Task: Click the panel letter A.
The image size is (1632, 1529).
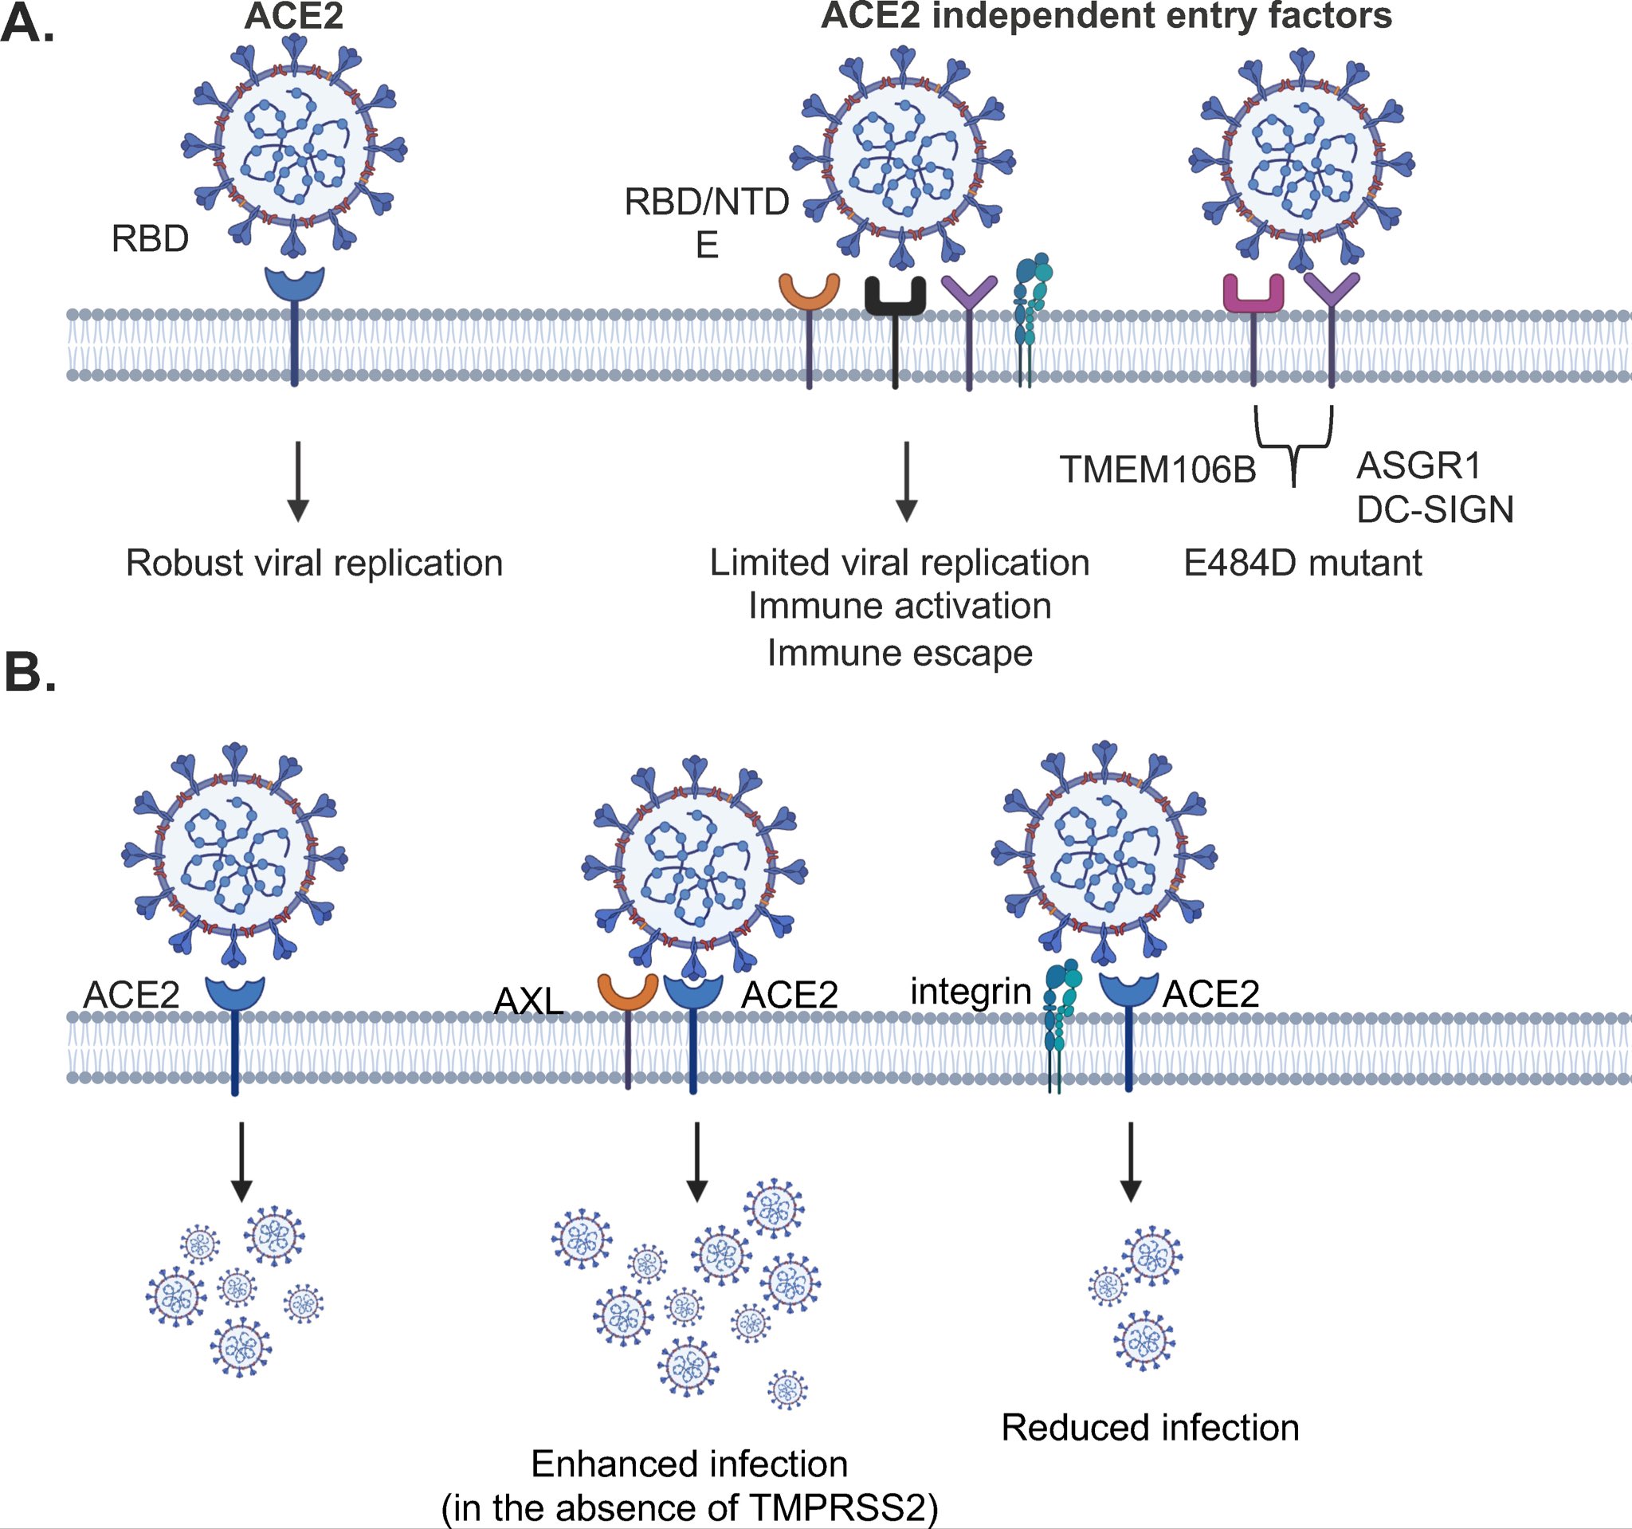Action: pyautogui.click(x=28, y=23)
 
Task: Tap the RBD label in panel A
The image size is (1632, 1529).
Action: pyautogui.click(x=151, y=239)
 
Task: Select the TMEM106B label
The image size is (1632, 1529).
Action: pyautogui.click(x=1158, y=470)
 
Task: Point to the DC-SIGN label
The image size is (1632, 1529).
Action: pyautogui.click(x=1435, y=510)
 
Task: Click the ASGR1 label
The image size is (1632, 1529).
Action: pyautogui.click(x=1418, y=466)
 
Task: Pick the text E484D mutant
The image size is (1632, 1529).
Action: pyautogui.click(x=1303, y=564)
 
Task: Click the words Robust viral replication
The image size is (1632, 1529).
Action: pyautogui.click(x=314, y=564)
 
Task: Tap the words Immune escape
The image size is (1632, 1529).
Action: pyautogui.click(x=900, y=654)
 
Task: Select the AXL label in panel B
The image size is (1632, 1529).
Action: pyautogui.click(x=528, y=1001)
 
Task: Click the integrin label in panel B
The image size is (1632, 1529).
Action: pyautogui.click(x=971, y=992)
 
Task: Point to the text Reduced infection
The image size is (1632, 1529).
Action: pyautogui.click(x=1150, y=1428)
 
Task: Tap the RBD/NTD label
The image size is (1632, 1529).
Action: pyautogui.click(x=707, y=202)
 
